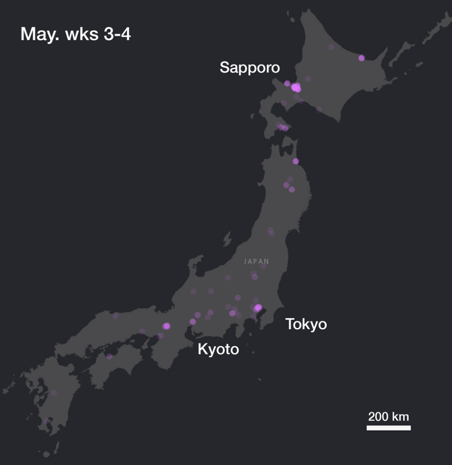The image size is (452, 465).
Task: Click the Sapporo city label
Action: point(249,67)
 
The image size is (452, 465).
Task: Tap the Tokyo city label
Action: point(306,324)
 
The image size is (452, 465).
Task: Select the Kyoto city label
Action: point(218,350)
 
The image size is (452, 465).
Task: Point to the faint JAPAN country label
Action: point(257,261)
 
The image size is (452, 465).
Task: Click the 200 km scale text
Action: point(389,416)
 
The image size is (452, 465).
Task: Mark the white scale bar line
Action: point(389,428)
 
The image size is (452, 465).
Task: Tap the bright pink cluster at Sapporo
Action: point(296,88)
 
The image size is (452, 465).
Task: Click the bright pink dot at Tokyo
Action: point(258,308)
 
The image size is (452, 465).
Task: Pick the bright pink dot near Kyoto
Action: point(166,326)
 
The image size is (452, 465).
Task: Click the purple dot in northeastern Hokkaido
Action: point(361,58)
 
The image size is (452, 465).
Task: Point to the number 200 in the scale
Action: point(379,416)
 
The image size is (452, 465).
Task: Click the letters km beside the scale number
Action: point(401,416)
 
